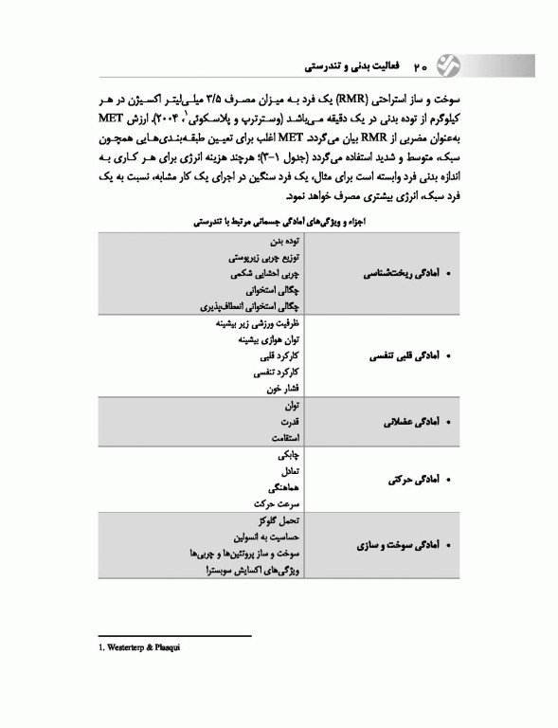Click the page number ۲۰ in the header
click(422, 68)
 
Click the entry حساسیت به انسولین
click(266, 537)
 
